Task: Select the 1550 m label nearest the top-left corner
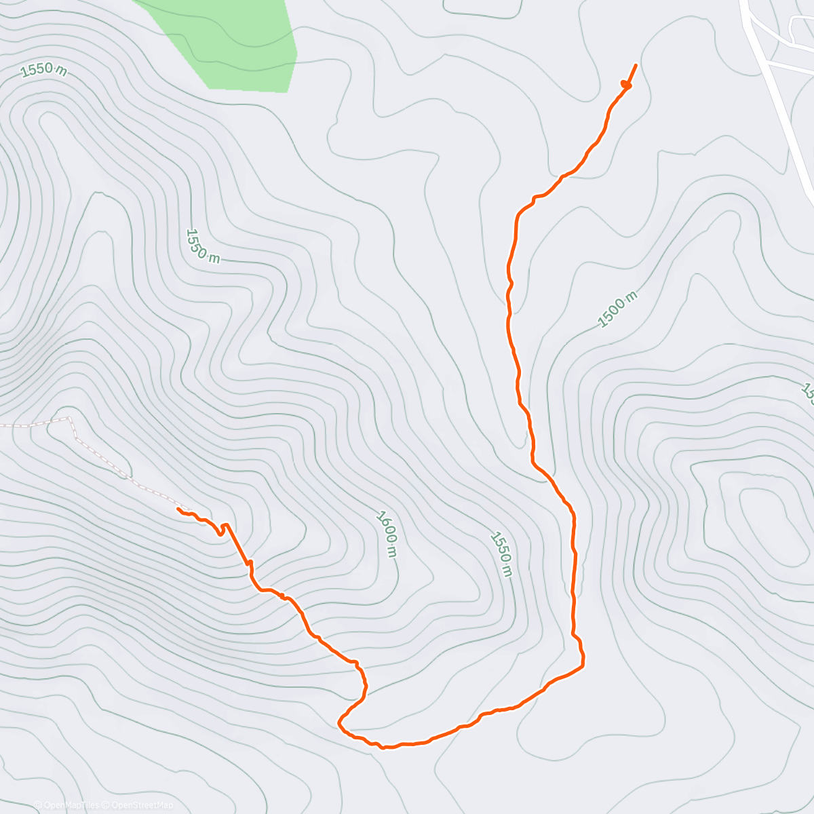44,70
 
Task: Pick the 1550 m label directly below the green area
202,246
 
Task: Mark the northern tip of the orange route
636,64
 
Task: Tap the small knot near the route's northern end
625,85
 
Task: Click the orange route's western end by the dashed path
178,508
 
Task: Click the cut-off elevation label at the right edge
807,393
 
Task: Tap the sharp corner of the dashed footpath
70,419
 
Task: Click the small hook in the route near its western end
222,530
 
